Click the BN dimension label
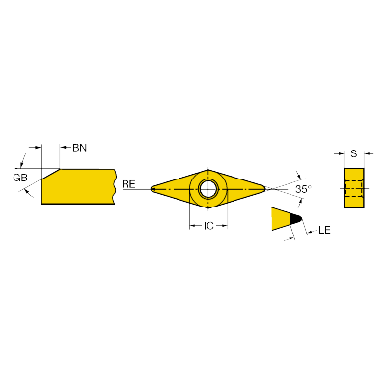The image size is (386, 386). coord(79,148)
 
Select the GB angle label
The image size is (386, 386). coord(20,178)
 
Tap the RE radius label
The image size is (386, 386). coord(128,184)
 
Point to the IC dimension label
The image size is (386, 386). coord(208,226)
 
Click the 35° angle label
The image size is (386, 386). coord(304,189)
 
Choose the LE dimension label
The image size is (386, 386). coord(324,230)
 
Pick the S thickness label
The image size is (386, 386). coord(354,153)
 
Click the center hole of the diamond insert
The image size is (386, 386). coord(208,189)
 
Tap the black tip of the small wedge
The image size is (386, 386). coord(296,219)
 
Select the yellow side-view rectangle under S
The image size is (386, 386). coord(354,188)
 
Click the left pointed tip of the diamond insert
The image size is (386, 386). coord(152,189)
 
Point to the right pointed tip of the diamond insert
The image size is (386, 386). coord(265,189)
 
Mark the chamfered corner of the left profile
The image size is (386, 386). coord(50,174)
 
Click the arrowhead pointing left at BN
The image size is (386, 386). coord(64,148)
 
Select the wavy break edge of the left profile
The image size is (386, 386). coord(115,186)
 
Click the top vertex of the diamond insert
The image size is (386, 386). coord(208,170)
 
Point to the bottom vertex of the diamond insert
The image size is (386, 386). coord(208,208)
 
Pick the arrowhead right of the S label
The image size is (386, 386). coord(368,153)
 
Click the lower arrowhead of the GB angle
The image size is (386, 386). coord(28,192)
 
